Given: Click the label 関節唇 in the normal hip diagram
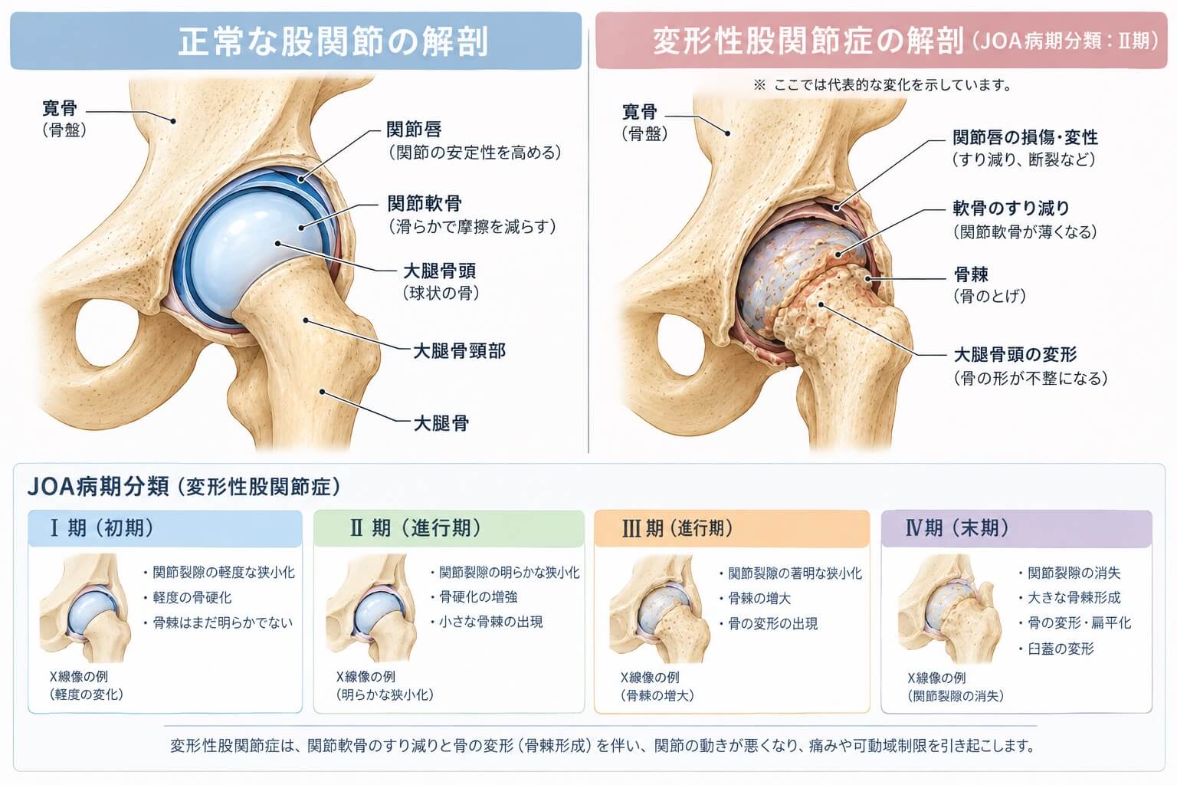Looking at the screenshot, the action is click(414, 129).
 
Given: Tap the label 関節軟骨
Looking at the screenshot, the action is click(425, 203).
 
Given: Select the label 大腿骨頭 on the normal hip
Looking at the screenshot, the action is click(439, 271).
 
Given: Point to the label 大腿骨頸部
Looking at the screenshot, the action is click(459, 350).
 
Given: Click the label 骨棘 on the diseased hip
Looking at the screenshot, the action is click(971, 274).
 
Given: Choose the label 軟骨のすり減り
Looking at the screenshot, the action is click(1011, 209).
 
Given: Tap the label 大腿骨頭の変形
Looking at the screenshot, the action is click(1015, 354).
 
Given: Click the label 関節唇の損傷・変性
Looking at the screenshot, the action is click(1025, 137).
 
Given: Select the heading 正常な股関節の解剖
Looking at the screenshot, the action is click(333, 41).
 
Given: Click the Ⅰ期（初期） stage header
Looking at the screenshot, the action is click(102, 528).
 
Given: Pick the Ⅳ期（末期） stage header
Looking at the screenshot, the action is click(957, 528).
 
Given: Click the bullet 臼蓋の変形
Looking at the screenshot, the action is click(1061, 649).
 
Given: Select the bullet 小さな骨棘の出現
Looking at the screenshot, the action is click(490, 622).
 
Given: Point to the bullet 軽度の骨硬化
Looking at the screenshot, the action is click(192, 597).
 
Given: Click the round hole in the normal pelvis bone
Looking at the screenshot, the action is click(107, 334).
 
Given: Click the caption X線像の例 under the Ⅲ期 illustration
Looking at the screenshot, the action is click(650, 677).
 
